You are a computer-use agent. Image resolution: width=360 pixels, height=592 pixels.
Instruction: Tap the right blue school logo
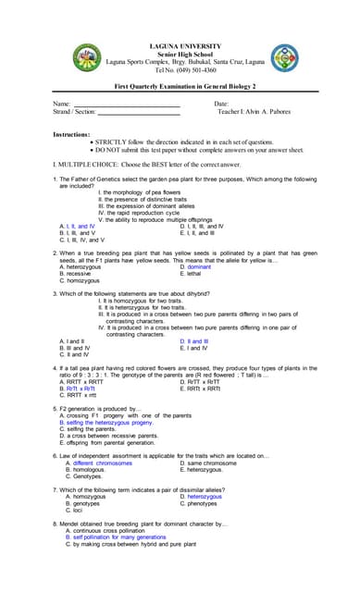pos(284,58)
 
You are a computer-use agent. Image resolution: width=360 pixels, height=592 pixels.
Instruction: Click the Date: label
pos(220,104)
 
